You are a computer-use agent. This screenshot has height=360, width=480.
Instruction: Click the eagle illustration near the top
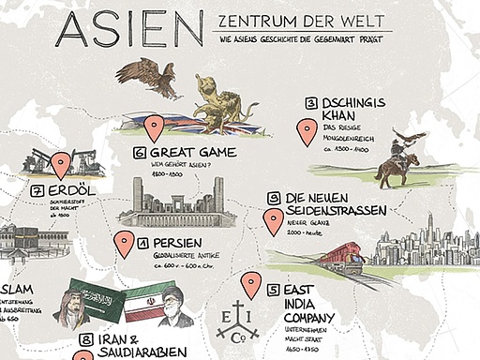[x=150, y=78]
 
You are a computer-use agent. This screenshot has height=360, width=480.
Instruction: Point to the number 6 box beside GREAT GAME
[x=140, y=152]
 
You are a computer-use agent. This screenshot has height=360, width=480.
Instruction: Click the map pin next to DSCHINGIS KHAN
[x=304, y=132]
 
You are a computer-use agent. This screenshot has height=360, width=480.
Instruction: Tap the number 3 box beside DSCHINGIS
[x=310, y=103]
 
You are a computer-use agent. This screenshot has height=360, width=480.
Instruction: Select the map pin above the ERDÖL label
[x=61, y=164]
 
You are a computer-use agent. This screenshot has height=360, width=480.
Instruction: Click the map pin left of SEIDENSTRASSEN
[x=273, y=220]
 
